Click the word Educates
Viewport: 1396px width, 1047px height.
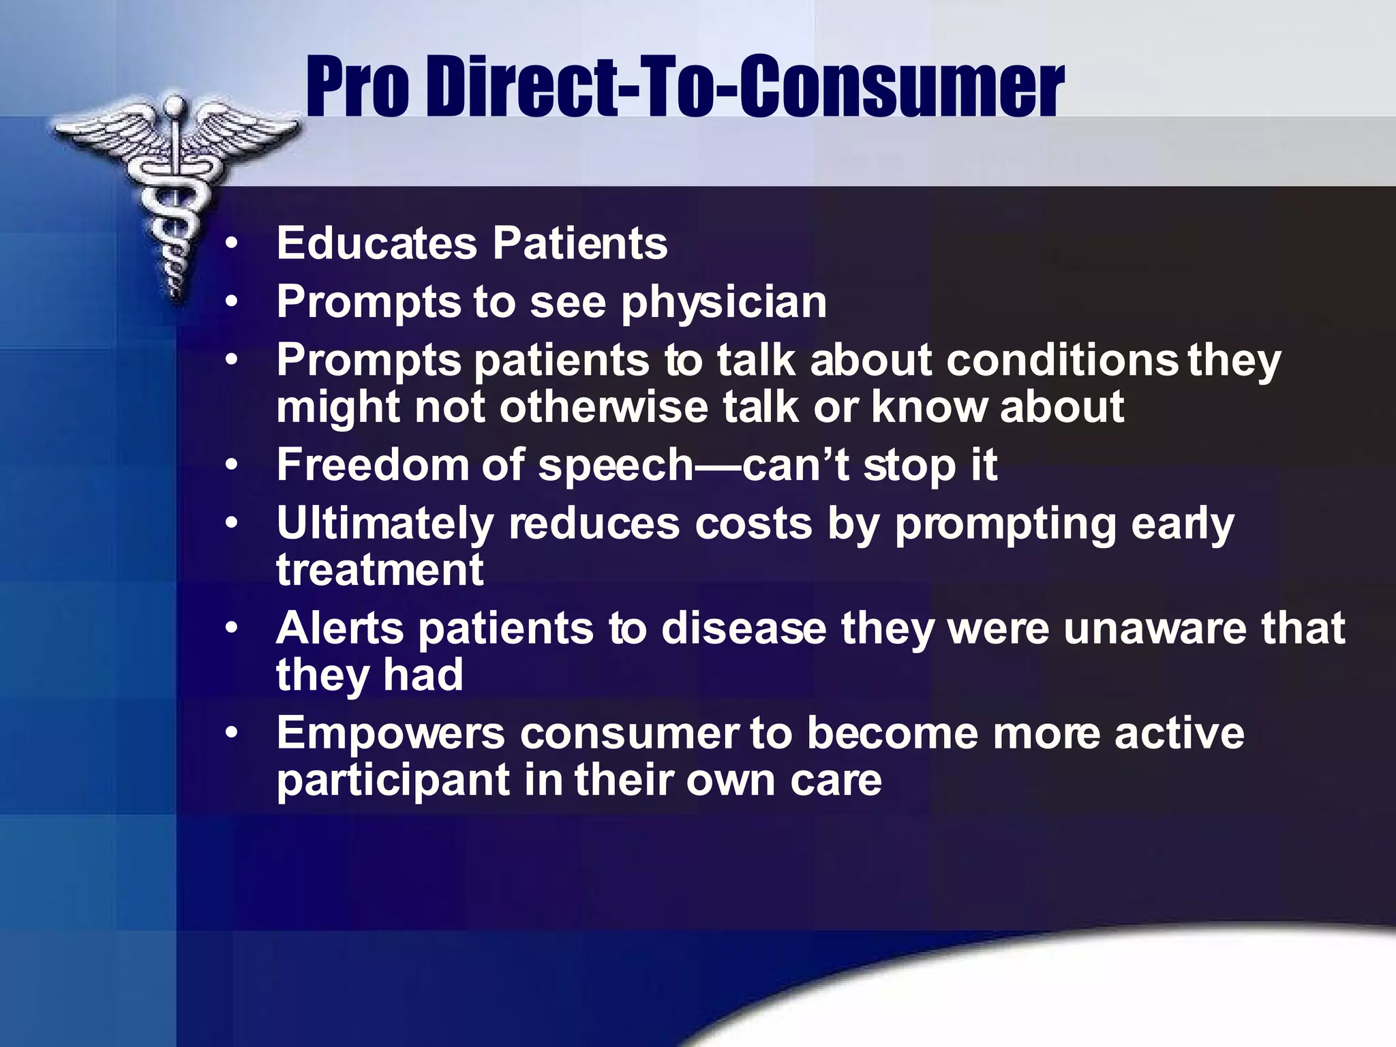point(377,243)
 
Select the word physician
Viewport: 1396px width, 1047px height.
point(723,303)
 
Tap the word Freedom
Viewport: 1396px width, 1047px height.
point(372,465)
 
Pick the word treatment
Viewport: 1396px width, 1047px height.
point(380,570)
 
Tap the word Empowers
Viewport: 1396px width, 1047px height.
point(391,735)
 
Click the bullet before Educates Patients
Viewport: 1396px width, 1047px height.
point(232,243)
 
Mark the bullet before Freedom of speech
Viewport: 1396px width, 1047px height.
point(232,465)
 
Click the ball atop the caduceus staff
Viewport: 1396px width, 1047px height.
point(175,106)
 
